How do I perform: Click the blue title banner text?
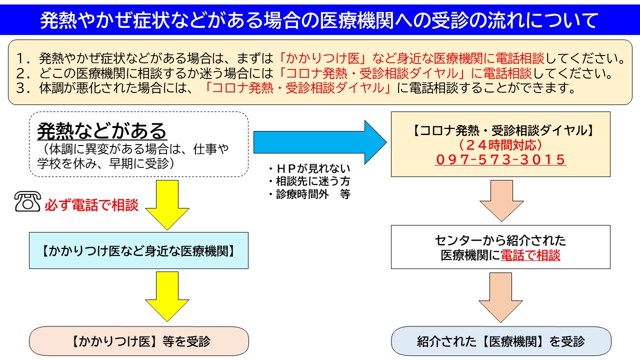(x=319, y=20)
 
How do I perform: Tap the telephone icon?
(x=27, y=201)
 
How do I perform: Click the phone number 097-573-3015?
(x=500, y=159)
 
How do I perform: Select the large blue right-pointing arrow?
(x=320, y=142)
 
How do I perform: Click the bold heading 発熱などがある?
(x=101, y=131)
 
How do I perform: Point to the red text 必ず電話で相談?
(x=91, y=204)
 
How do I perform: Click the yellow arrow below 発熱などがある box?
(x=167, y=205)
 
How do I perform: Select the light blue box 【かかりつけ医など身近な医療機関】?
(x=138, y=250)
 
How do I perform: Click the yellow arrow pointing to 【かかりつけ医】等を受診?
(x=167, y=296)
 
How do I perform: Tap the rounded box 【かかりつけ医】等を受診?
(x=139, y=341)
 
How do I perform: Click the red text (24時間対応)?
(x=500, y=145)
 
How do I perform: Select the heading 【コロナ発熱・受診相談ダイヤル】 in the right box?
(x=500, y=130)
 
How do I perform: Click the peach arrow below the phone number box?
(x=501, y=201)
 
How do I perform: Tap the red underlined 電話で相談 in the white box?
(x=530, y=255)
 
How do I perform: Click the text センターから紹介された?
(x=500, y=240)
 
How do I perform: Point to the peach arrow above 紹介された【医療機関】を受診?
(x=500, y=297)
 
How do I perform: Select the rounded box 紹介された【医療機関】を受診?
(x=501, y=341)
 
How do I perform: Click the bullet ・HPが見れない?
(x=309, y=168)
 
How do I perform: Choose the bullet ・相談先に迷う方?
(x=309, y=181)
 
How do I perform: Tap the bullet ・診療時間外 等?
(x=309, y=194)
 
